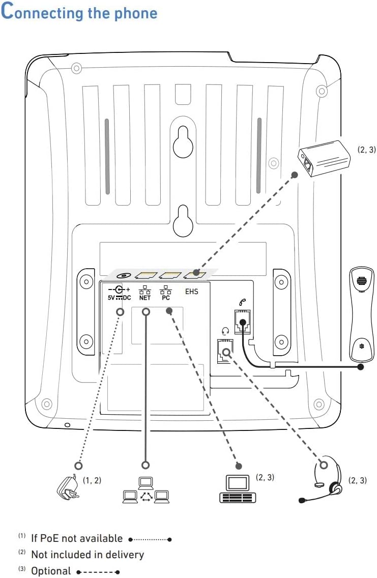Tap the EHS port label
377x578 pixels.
click(x=192, y=292)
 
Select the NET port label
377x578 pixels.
click(x=145, y=298)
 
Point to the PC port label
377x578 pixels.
click(x=166, y=298)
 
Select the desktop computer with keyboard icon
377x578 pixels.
click(x=238, y=488)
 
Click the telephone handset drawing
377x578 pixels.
click(x=362, y=313)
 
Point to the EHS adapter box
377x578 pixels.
click(x=324, y=158)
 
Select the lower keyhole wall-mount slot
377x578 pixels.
click(x=183, y=220)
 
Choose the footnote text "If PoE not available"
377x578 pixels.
click(x=77, y=538)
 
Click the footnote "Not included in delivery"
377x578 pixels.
click(x=88, y=555)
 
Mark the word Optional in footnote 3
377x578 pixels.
click(x=51, y=571)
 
